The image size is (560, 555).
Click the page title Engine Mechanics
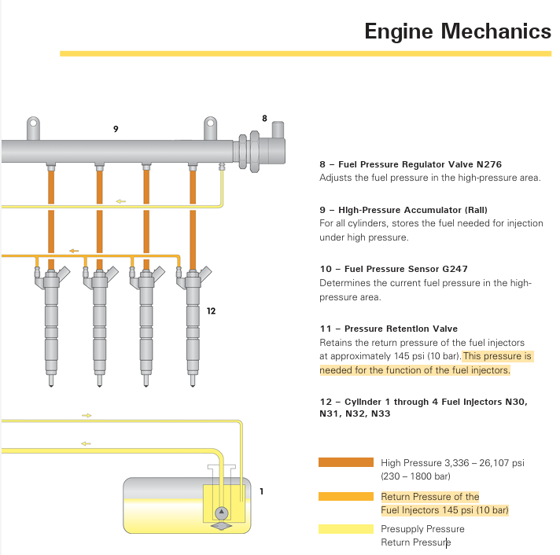[x=458, y=31]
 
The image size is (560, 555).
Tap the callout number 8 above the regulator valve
[x=264, y=119]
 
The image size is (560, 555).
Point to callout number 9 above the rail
[x=116, y=129]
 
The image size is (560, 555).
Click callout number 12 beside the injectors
[x=211, y=311]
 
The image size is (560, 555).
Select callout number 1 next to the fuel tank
[x=261, y=491]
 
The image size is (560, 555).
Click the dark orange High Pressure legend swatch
[x=346, y=462]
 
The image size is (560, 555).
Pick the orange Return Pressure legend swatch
[x=346, y=497]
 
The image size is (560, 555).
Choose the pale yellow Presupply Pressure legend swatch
[x=346, y=529]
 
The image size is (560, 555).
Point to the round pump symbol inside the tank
[x=222, y=513]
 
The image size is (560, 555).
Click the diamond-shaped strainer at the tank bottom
[x=222, y=526]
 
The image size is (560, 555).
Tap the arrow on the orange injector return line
[x=74, y=251]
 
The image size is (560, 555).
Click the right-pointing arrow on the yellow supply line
[x=87, y=415]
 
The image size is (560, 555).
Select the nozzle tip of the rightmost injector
[x=193, y=385]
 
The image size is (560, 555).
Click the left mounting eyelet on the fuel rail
[x=33, y=123]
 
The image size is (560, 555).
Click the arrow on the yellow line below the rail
[x=121, y=201]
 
